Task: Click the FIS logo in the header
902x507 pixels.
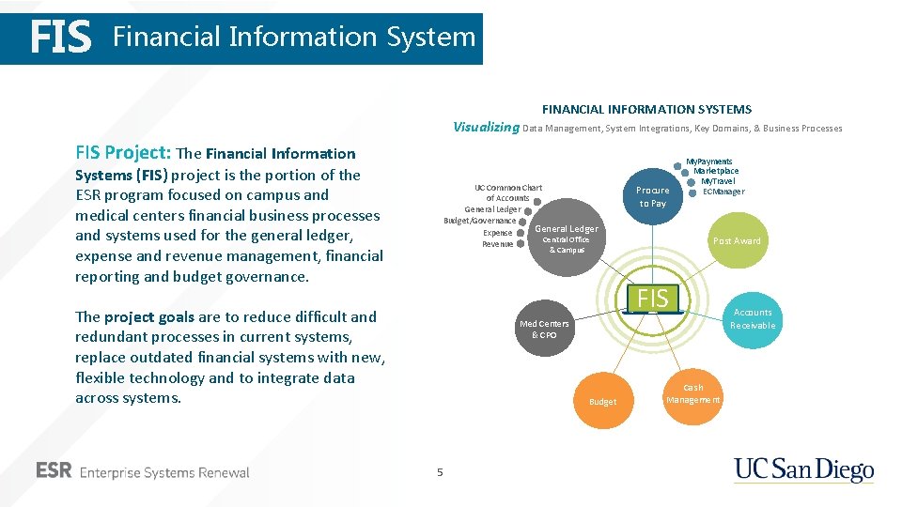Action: point(61,38)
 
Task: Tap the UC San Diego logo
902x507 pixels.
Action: point(803,470)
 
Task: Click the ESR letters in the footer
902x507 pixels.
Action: point(54,471)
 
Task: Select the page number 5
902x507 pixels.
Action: point(439,472)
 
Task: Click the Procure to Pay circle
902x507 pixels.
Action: point(653,196)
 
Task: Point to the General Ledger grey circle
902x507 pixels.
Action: point(567,240)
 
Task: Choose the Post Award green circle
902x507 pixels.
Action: point(737,241)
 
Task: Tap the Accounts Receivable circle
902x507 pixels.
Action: point(753,319)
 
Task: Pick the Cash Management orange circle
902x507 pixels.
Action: point(693,393)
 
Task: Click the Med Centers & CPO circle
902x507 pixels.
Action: point(544,329)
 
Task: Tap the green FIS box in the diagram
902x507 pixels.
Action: point(653,299)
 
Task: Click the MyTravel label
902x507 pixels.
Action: point(719,181)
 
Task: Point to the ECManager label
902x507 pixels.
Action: point(723,192)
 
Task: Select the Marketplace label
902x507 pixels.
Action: point(716,171)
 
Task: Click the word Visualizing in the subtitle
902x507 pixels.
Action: point(486,128)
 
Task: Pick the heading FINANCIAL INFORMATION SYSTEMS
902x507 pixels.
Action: point(646,109)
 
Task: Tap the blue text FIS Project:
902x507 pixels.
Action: point(123,153)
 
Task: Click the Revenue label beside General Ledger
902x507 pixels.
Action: point(498,244)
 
